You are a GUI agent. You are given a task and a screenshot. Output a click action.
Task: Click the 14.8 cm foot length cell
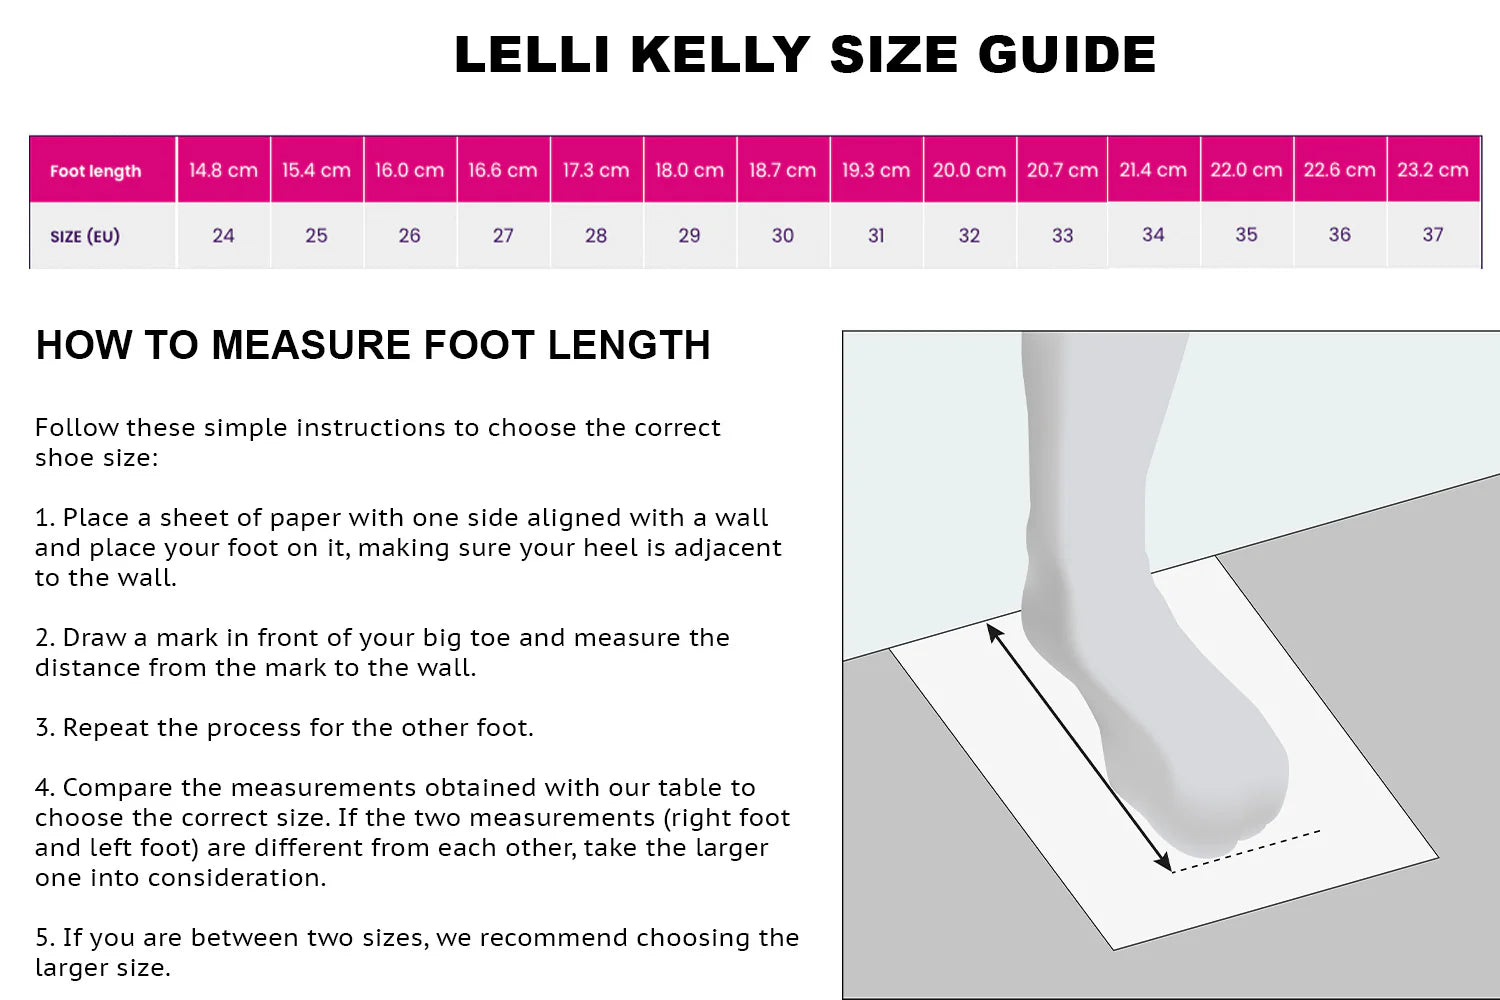pyautogui.click(x=224, y=169)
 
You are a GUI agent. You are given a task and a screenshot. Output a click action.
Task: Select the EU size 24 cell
pyautogui.click(x=224, y=235)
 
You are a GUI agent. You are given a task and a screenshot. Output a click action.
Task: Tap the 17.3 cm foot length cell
pyautogui.click(x=596, y=169)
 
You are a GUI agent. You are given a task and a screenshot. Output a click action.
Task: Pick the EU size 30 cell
pyautogui.click(x=783, y=235)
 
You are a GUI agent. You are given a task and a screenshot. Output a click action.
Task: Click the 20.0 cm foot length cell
pyautogui.click(x=970, y=169)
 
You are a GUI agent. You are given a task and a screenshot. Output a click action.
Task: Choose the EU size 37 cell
pyautogui.click(x=1433, y=234)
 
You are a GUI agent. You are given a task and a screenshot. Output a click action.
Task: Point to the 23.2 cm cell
pyautogui.click(x=1433, y=169)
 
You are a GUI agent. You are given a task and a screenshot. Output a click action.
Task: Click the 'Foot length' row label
pyautogui.click(x=96, y=171)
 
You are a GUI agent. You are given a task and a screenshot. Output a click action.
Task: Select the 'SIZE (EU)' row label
pyautogui.click(x=85, y=236)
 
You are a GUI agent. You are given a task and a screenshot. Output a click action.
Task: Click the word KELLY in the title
pyautogui.click(x=721, y=54)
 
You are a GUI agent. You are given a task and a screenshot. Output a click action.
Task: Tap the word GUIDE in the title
pyautogui.click(x=1067, y=54)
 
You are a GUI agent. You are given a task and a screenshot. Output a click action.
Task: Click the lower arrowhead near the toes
pyautogui.click(x=1162, y=862)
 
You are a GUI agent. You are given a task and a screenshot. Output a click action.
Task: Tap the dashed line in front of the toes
pyautogui.click(x=1246, y=851)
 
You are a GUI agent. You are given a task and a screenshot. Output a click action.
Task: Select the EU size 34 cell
pyautogui.click(x=1153, y=234)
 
